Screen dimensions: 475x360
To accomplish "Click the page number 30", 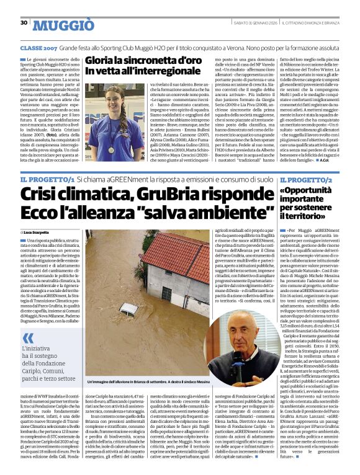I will coord(24,22).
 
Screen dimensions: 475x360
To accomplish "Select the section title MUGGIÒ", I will coord(63,25).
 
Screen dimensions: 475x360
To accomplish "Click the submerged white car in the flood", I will coord(128,308).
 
